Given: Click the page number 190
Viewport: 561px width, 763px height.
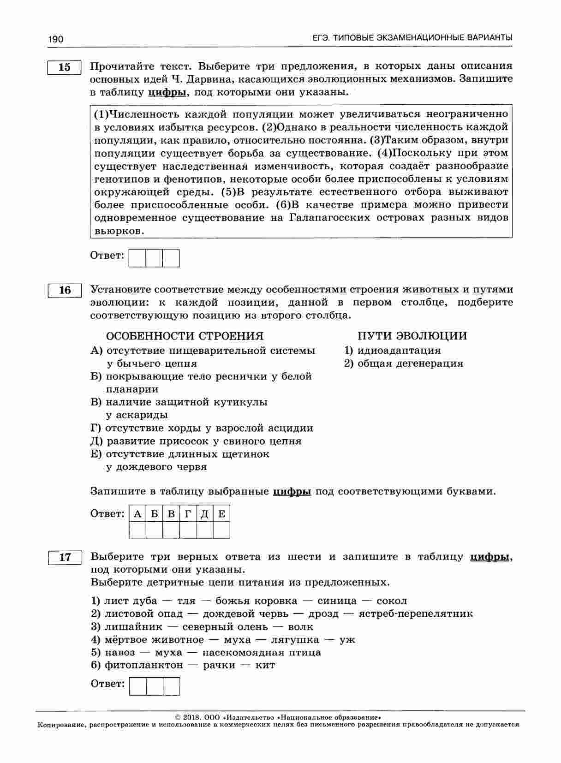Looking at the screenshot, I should pyautogui.click(x=55, y=39).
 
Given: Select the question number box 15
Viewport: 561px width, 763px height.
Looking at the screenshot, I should pyautogui.click(x=65, y=67).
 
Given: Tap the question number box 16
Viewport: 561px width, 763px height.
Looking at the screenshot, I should pyautogui.click(x=65, y=290).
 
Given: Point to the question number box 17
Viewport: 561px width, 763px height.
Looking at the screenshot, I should pyautogui.click(x=65, y=557).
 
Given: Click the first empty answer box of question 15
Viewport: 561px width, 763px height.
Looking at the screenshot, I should pyautogui.click(x=137, y=258).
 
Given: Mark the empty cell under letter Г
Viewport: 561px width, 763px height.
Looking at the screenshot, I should pyautogui.click(x=188, y=530).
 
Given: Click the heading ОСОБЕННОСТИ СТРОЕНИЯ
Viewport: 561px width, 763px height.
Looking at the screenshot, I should pyautogui.click(x=185, y=336).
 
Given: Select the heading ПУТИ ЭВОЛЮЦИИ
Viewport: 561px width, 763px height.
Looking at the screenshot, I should pyautogui.click(x=412, y=336).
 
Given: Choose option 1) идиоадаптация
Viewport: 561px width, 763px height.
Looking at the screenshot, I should pyautogui.click(x=393, y=351).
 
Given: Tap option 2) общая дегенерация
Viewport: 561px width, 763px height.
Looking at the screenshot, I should pyautogui.click(x=404, y=364).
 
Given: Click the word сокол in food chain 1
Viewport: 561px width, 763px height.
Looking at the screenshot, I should pyautogui.click(x=392, y=601).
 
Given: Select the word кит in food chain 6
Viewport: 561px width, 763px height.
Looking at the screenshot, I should pyautogui.click(x=268, y=665).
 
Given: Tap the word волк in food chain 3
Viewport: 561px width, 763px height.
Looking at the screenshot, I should pyautogui.click(x=300, y=627).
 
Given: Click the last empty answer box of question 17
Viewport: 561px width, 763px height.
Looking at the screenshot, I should pyautogui.click(x=171, y=686).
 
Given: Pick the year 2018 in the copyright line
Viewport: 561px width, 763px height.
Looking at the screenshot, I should pyautogui.click(x=190, y=717).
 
